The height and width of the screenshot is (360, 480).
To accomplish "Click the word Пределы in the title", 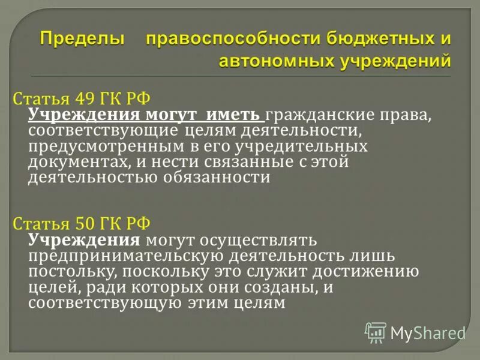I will (x=82, y=39).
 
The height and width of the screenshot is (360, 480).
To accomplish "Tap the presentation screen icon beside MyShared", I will (x=376, y=332).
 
